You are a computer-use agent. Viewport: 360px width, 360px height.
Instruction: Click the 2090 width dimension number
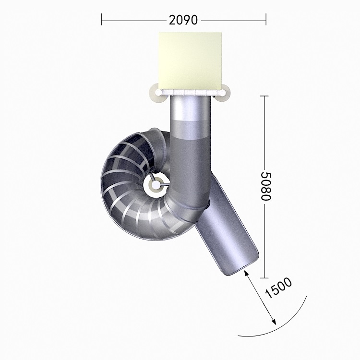tap(183, 20)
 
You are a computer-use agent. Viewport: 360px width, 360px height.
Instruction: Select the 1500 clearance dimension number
tap(278, 288)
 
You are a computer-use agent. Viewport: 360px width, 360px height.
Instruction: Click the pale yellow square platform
tap(190, 60)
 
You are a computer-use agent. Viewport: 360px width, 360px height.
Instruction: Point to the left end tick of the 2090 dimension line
tap(101, 19)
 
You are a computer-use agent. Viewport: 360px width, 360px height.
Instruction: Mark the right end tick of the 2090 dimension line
tap(266, 19)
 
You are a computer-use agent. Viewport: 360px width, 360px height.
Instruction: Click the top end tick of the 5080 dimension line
tap(264, 96)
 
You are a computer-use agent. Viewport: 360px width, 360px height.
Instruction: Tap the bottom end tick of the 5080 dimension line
tap(264, 278)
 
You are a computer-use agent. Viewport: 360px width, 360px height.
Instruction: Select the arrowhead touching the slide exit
tap(246, 273)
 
